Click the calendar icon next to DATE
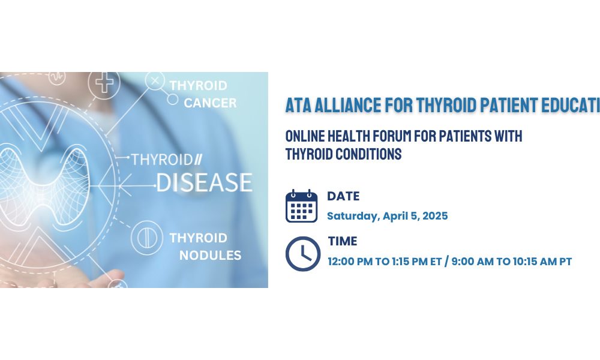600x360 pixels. (x=302, y=206)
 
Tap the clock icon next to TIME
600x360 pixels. (x=303, y=254)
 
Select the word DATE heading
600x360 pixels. (x=343, y=196)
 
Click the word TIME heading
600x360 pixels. (x=343, y=241)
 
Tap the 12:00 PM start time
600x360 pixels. (x=350, y=262)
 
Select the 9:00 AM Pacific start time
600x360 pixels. (x=473, y=262)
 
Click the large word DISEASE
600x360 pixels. (x=205, y=182)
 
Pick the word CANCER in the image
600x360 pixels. (x=210, y=103)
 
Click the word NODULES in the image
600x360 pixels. (x=211, y=255)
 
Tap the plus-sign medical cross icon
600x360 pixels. (x=104, y=82)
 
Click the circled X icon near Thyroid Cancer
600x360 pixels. (x=155, y=81)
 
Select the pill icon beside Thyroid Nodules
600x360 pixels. (x=146, y=238)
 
